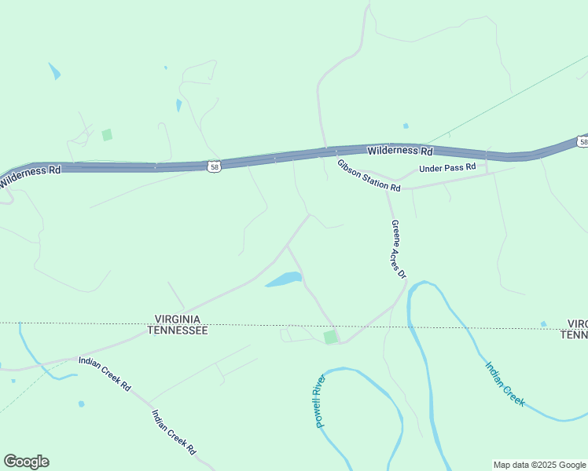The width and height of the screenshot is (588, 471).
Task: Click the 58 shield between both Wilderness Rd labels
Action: [x=215, y=166]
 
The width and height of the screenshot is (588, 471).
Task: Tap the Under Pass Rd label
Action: [x=447, y=168]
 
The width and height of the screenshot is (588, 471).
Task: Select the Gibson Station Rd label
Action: [x=369, y=176]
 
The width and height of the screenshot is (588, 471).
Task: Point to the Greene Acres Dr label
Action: [x=399, y=249]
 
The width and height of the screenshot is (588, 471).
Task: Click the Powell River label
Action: [x=319, y=400]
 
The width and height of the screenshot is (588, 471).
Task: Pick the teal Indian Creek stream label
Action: [x=504, y=383]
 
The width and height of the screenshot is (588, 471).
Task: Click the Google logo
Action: [x=26, y=462]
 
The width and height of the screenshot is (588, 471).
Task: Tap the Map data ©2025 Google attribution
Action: [x=539, y=465]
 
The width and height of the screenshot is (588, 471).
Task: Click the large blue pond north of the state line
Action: [x=285, y=279]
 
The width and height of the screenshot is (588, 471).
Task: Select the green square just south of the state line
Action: [x=330, y=337]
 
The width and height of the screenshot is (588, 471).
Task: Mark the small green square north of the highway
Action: [x=107, y=135]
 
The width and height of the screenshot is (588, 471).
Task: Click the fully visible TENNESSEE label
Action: [x=178, y=331]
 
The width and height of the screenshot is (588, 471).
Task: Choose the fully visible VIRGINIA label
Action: [x=178, y=319]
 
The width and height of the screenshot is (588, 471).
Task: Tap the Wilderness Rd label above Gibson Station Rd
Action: [x=400, y=150]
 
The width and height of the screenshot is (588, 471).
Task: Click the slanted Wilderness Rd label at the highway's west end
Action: [x=30, y=176]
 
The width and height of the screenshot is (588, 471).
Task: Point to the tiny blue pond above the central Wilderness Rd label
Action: [x=406, y=126]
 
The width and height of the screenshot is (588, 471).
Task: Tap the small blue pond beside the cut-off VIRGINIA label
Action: [x=543, y=323]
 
